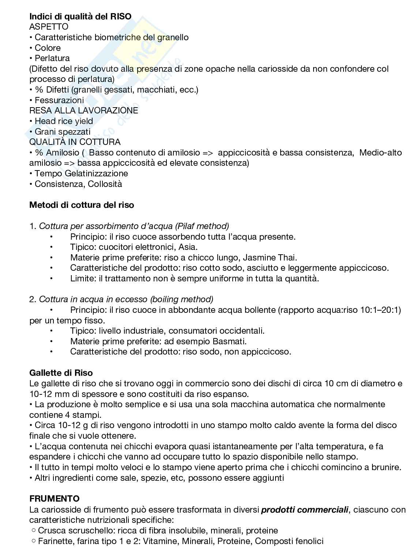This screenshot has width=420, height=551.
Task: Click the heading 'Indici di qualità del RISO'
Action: tap(80, 16)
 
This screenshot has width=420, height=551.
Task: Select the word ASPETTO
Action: tap(49, 27)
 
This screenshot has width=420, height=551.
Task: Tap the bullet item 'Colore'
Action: tap(48, 48)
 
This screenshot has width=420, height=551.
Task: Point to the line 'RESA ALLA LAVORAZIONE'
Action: tap(84, 110)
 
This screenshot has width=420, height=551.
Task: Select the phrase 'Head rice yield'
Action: tap(64, 121)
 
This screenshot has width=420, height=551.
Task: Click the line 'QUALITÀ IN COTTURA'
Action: tap(75, 142)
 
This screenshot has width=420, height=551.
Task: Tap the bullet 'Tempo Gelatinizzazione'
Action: tap(81, 173)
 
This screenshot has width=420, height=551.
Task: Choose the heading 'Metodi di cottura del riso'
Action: tap(82, 205)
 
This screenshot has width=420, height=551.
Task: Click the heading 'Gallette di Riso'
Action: tap(61, 373)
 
